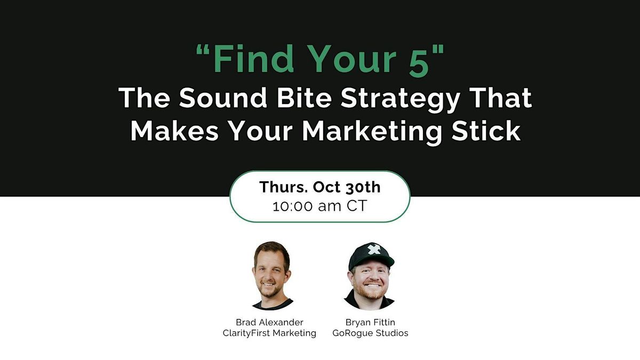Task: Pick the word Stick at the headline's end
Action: coord(488,131)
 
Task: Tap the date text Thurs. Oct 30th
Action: coord(320,187)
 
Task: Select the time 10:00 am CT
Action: coord(320,206)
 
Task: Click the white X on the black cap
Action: coord(374,249)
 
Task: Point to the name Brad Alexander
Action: coord(269,322)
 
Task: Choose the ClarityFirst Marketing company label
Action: coord(269,333)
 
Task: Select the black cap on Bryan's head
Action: coord(371,253)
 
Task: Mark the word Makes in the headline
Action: coord(170,131)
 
